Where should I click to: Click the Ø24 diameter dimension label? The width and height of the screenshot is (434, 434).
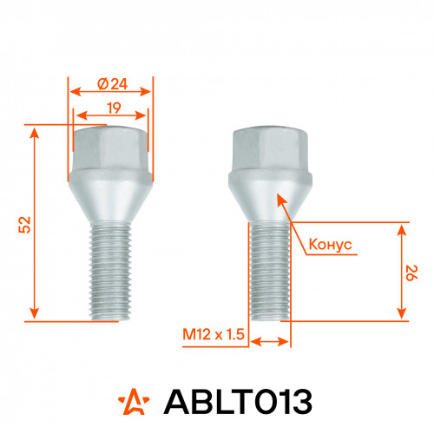coord(113,84)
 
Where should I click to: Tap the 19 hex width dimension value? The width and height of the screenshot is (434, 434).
coord(114,108)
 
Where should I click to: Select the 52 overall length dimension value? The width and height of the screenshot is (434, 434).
coord(24,225)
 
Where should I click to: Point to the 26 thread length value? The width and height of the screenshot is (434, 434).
coord(411,273)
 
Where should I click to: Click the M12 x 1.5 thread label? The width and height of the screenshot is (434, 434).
coord(214,334)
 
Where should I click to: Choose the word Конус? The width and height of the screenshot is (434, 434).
coord(331,245)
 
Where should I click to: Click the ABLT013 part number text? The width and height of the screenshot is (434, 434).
coord(238,402)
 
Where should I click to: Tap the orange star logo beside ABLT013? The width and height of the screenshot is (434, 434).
coord(134,401)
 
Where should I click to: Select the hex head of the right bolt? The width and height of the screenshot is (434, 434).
coord(270,148)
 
